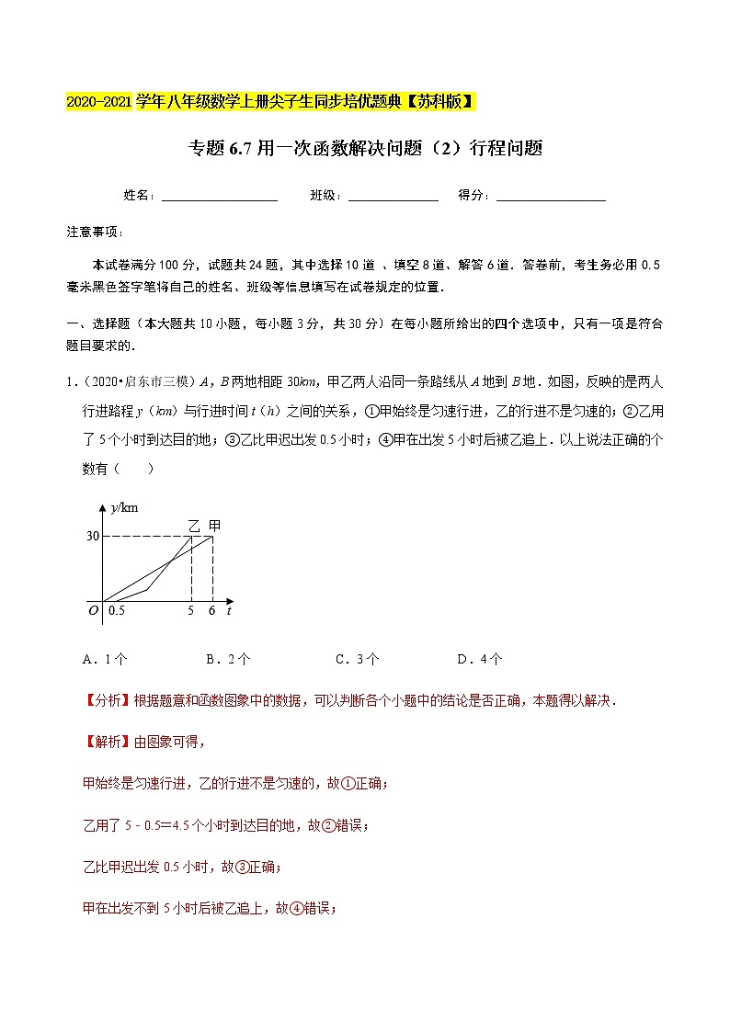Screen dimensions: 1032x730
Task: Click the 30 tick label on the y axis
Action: pyautogui.click(x=92, y=536)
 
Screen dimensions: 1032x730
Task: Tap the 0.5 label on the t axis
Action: pyautogui.click(x=116, y=610)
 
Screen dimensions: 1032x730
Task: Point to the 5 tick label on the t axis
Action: pyautogui.click(x=190, y=610)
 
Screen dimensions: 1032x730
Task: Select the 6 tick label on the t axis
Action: pyautogui.click(x=212, y=610)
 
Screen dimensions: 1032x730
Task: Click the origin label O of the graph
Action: pyautogui.click(x=93, y=610)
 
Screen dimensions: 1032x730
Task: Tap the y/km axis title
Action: pyautogui.click(x=123, y=507)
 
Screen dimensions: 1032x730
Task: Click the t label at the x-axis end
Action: pyautogui.click(x=228, y=610)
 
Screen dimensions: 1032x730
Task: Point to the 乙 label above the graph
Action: pyautogui.click(x=193, y=526)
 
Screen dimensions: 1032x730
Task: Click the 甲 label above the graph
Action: pyautogui.click(x=214, y=526)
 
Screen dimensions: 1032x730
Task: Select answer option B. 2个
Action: pyautogui.click(x=228, y=659)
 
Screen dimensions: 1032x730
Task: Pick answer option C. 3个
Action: pyautogui.click(x=357, y=659)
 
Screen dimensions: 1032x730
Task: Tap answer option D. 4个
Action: pyautogui.click(x=479, y=659)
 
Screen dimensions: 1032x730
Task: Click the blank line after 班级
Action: pyautogui.click(x=394, y=197)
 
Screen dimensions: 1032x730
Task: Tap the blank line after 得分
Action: pyautogui.click(x=550, y=197)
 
